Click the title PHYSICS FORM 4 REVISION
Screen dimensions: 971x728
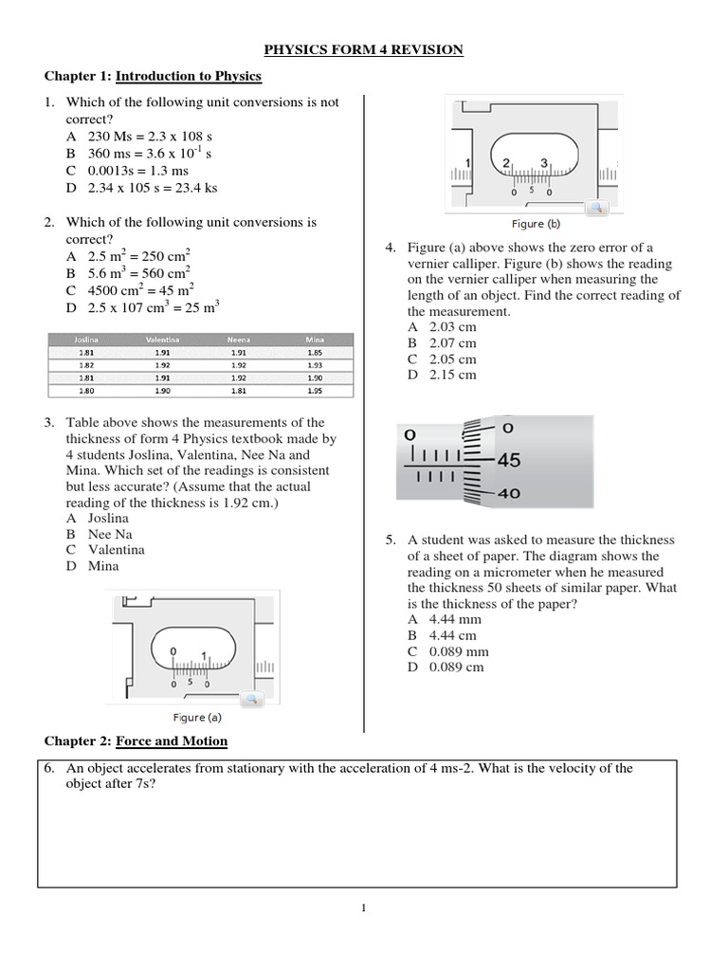pyautogui.click(x=363, y=49)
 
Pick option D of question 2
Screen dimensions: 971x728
pyautogui.click(x=142, y=307)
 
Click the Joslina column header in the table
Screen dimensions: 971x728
pyautogui.click(x=86, y=339)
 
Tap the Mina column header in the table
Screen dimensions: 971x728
pyautogui.click(x=315, y=339)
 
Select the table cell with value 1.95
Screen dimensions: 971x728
pyautogui.click(x=315, y=390)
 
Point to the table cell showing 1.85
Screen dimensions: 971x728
pyautogui.click(x=315, y=351)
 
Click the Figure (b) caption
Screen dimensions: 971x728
pyautogui.click(x=536, y=224)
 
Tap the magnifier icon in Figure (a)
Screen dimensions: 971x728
pyautogui.click(x=252, y=700)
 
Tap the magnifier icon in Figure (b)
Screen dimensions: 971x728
pyautogui.click(x=595, y=207)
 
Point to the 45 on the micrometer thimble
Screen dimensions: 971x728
pyautogui.click(x=509, y=461)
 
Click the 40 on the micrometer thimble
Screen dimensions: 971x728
pyautogui.click(x=509, y=493)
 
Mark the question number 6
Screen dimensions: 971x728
pyautogui.click(x=49, y=768)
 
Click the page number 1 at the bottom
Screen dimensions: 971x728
pyautogui.click(x=363, y=908)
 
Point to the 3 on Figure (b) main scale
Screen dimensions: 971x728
pyautogui.click(x=544, y=163)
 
